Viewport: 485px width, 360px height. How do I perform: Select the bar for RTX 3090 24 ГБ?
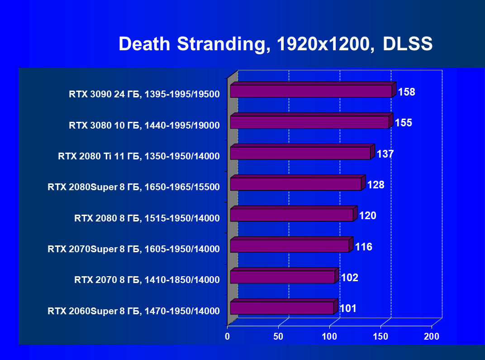(x=311, y=91)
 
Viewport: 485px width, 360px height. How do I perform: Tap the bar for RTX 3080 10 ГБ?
(x=309, y=122)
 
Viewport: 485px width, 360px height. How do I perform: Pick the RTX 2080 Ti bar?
(x=300, y=153)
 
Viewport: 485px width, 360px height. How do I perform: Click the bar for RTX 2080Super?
(x=295, y=184)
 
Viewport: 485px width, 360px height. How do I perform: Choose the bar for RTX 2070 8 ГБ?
(x=282, y=277)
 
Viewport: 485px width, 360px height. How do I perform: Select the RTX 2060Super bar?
(x=282, y=308)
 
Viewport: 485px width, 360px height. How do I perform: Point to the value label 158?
(x=406, y=92)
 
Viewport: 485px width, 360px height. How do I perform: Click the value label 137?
(x=385, y=154)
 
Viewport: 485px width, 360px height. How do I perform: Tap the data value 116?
(x=364, y=247)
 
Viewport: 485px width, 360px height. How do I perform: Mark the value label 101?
(x=348, y=309)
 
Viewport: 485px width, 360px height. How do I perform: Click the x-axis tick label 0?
(x=228, y=337)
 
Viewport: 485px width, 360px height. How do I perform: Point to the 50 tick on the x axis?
(x=278, y=337)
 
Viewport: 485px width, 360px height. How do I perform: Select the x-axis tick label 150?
(x=380, y=337)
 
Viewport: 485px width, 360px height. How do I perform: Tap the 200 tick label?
(x=432, y=337)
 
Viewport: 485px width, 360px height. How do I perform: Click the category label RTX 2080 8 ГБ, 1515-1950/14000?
(x=147, y=218)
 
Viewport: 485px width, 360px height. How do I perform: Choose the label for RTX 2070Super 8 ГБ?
(x=133, y=249)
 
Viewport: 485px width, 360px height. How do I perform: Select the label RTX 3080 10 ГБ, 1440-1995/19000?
(x=144, y=125)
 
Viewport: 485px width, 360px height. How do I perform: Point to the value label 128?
(x=376, y=185)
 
